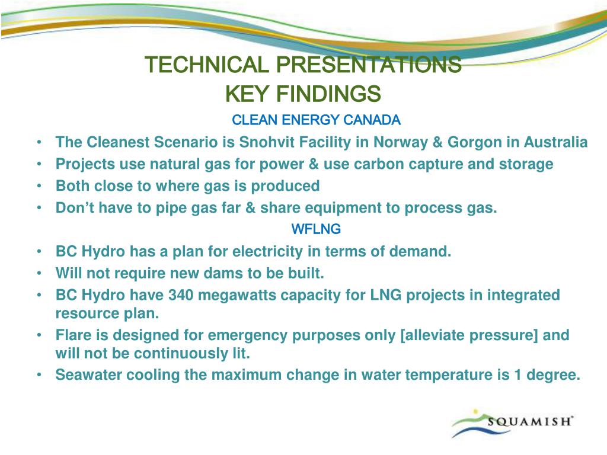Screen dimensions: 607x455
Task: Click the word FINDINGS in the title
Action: pyautogui.click(x=328, y=94)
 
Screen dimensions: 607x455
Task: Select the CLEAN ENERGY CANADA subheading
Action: pyautogui.click(x=316, y=120)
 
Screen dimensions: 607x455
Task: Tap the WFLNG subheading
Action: pyautogui.click(x=316, y=229)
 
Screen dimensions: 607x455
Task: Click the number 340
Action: pyautogui.click(x=181, y=295)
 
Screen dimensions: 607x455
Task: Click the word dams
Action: pyautogui.click(x=225, y=273)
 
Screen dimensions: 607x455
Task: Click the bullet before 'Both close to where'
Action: pyautogui.click(x=39, y=186)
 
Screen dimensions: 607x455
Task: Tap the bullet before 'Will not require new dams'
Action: pyautogui.click(x=39, y=274)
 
